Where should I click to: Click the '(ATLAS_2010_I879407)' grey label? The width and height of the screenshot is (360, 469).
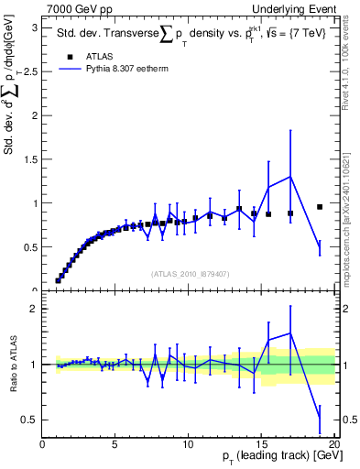pos(190,272)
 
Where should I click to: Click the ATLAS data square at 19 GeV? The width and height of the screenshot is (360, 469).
pos(320,207)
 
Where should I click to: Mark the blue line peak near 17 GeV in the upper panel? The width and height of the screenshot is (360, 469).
pos(290,177)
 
